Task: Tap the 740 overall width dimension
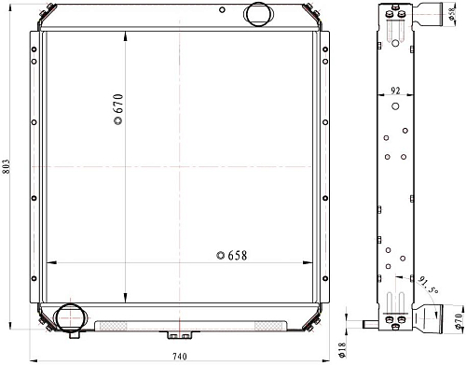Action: click(x=180, y=356)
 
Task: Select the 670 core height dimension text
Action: click(x=118, y=103)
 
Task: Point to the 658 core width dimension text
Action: click(x=238, y=256)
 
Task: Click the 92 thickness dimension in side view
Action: click(x=395, y=91)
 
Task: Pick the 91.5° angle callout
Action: click(x=428, y=284)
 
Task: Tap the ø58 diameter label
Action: click(x=452, y=13)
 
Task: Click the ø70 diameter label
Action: click(x=459, y=320)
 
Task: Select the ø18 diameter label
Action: click(x=341, y=350)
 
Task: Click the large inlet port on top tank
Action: click(x=259, y=14)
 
